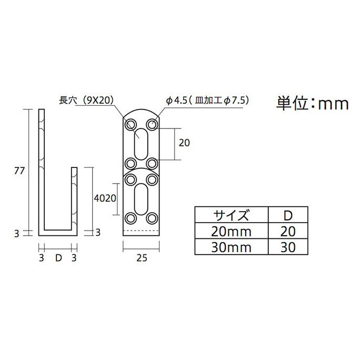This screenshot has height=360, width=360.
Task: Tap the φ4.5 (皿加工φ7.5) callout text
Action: [x=207, y=99]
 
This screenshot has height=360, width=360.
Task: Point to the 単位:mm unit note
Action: [x=313, y=104]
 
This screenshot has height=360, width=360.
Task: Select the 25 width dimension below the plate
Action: [x=141, y=257]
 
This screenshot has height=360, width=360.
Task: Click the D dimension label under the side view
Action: [x=58, y=257]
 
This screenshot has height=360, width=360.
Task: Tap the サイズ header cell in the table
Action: [x=231, y=215]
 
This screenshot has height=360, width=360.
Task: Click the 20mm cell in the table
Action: [x=231, y=231]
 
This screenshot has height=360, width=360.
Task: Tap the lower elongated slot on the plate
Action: [x=141, y=197]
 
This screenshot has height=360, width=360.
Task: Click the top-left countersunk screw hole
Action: [x=130, y=124]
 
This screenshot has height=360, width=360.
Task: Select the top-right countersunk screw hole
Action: [x=152, y=124]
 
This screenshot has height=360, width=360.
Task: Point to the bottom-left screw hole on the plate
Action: [x=130, y=217]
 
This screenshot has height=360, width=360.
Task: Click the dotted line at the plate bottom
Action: [x=141, y=231]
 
